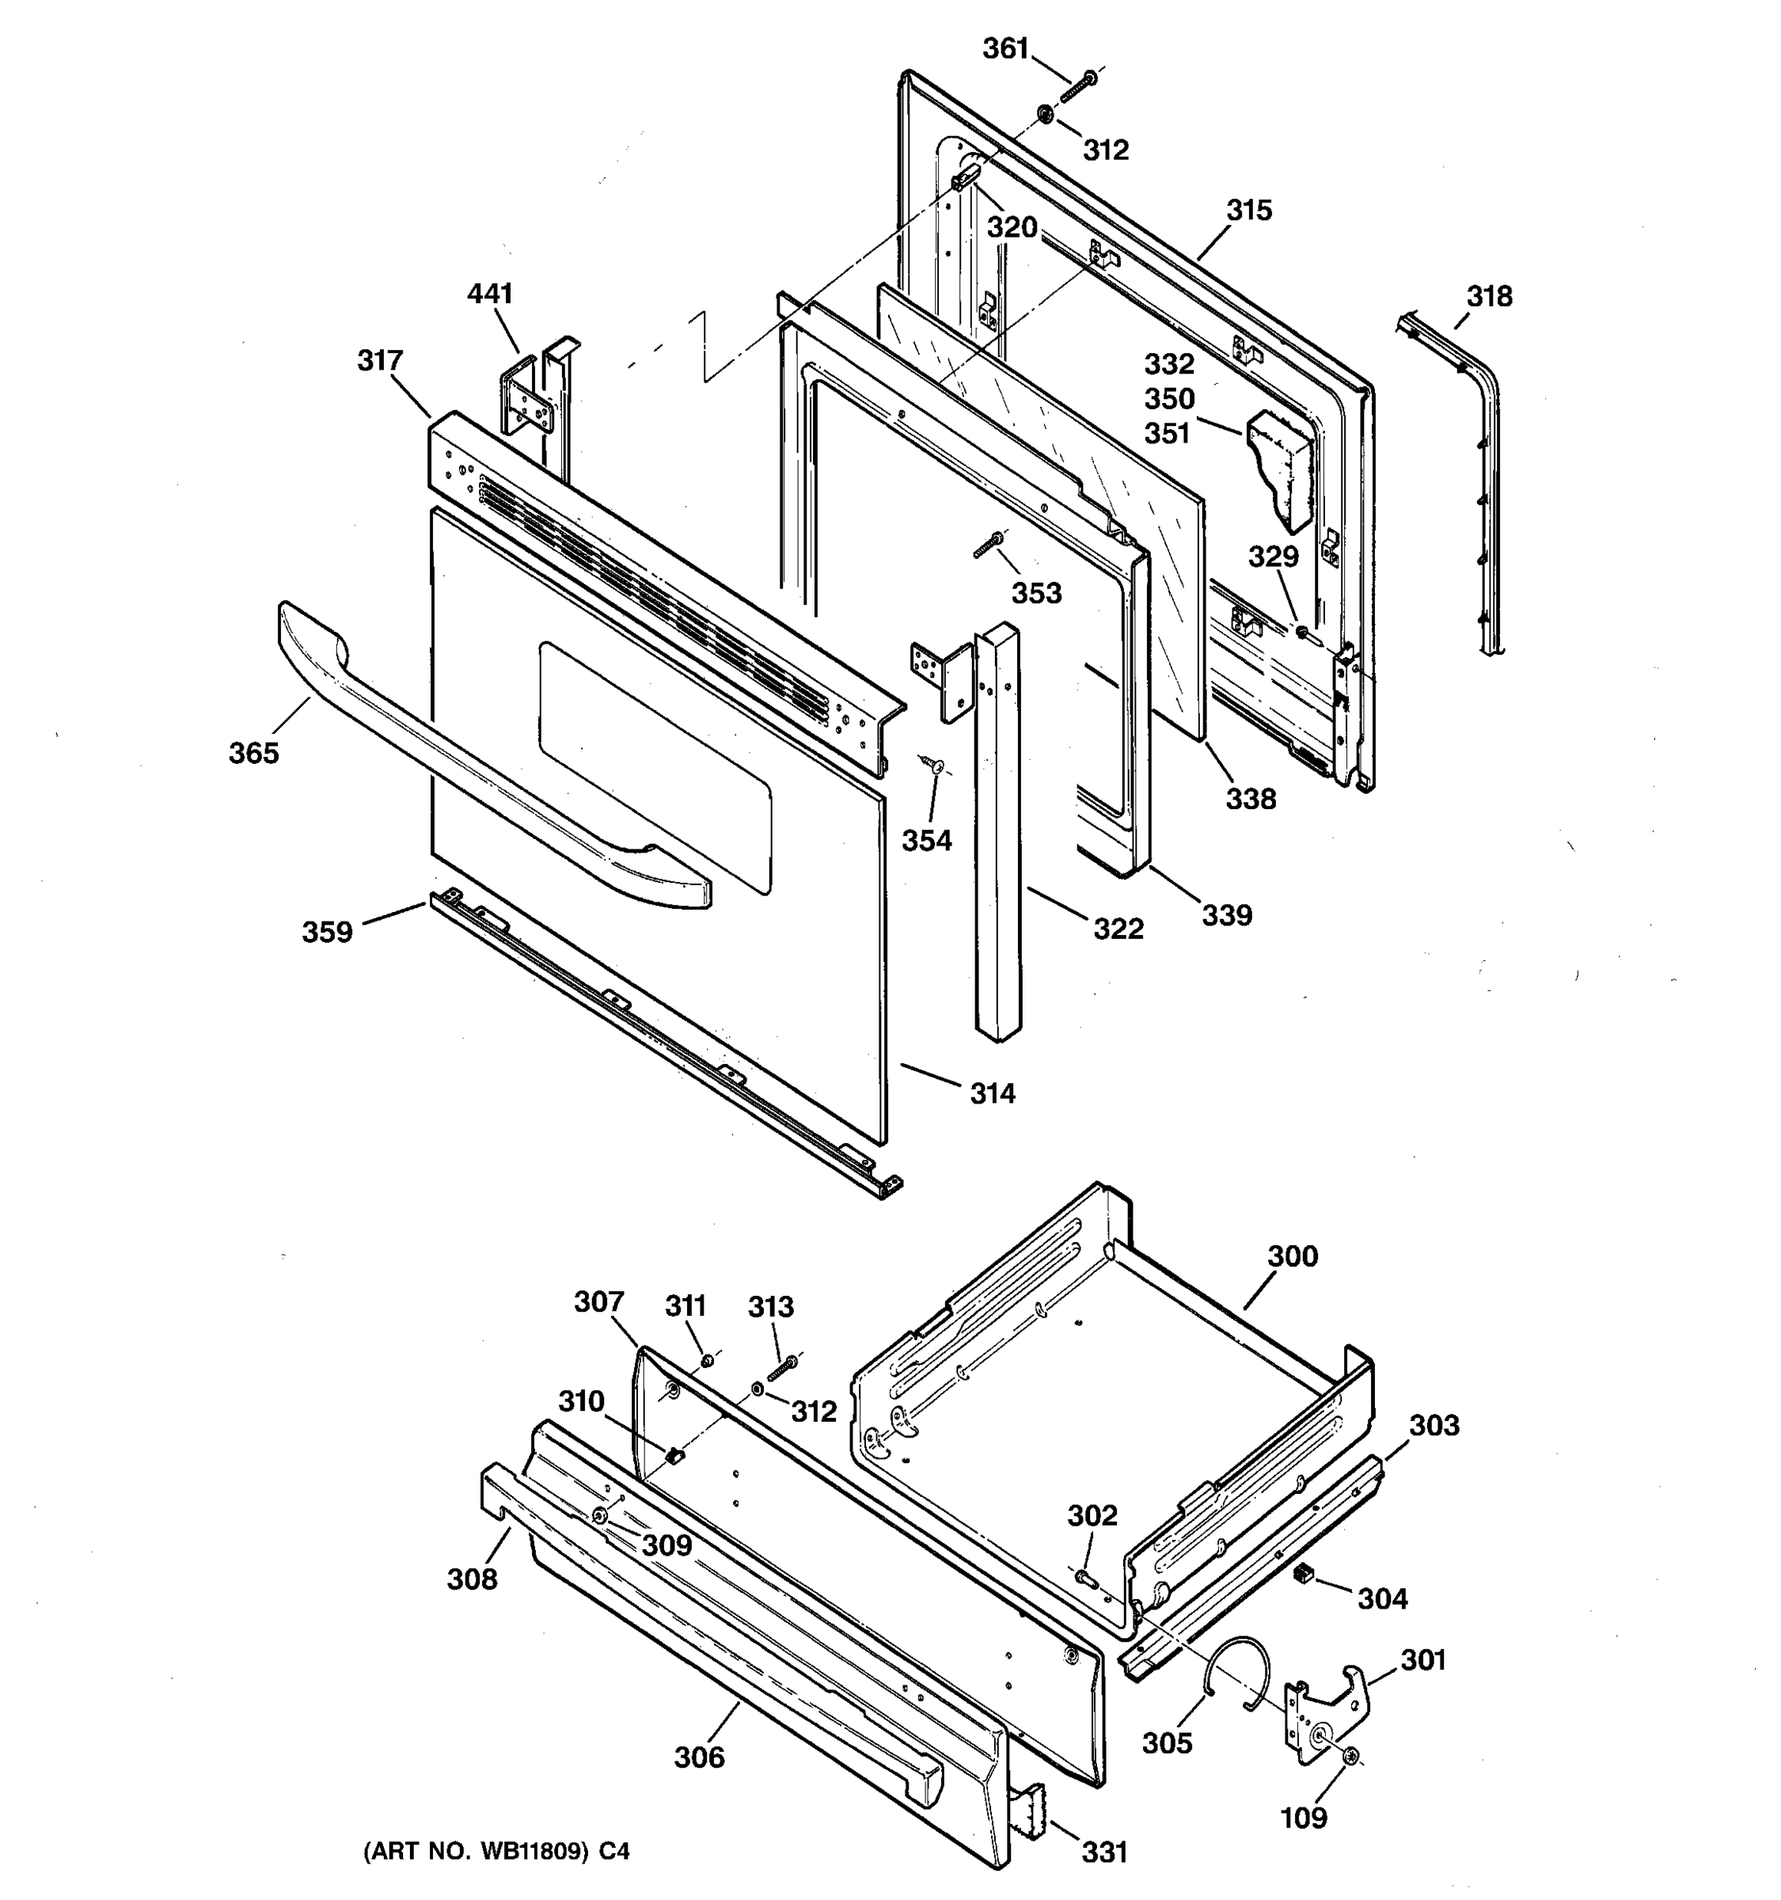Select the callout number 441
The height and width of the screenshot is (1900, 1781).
[x=489, y=294]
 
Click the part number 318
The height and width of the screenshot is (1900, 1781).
[x=1490, y=296]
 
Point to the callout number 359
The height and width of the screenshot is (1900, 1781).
[x=327, y=932]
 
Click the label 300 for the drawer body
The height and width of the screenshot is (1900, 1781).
[x=1292, y=1256]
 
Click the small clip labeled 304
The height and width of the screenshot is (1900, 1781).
[x=1301, y=1574]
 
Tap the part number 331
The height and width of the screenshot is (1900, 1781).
[x=1104, y=1852]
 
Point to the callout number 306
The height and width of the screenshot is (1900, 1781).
[x=700, y=1757]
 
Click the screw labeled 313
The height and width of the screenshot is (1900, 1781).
[x=781, y=1370]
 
